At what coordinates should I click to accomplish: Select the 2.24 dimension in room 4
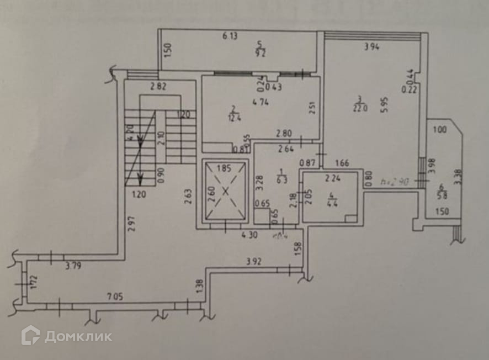[333, 178]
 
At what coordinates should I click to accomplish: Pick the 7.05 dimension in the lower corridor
[114, 297]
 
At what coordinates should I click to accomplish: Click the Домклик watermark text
[78, 336]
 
